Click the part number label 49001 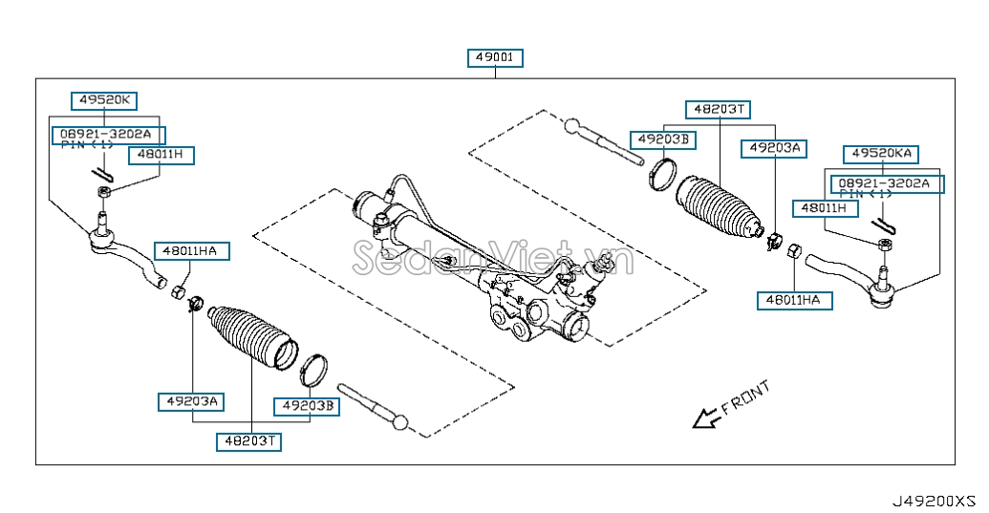495,58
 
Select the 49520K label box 104,100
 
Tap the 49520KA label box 881,154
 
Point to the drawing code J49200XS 934,501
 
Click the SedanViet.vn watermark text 493,258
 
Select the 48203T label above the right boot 720,110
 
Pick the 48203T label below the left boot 249,441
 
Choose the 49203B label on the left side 307,407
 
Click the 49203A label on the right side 774,148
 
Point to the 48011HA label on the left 189,251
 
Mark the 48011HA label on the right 795,301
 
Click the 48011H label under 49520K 161,155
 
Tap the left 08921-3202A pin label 109,135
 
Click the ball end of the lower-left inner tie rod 399,421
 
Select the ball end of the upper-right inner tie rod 572,126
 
